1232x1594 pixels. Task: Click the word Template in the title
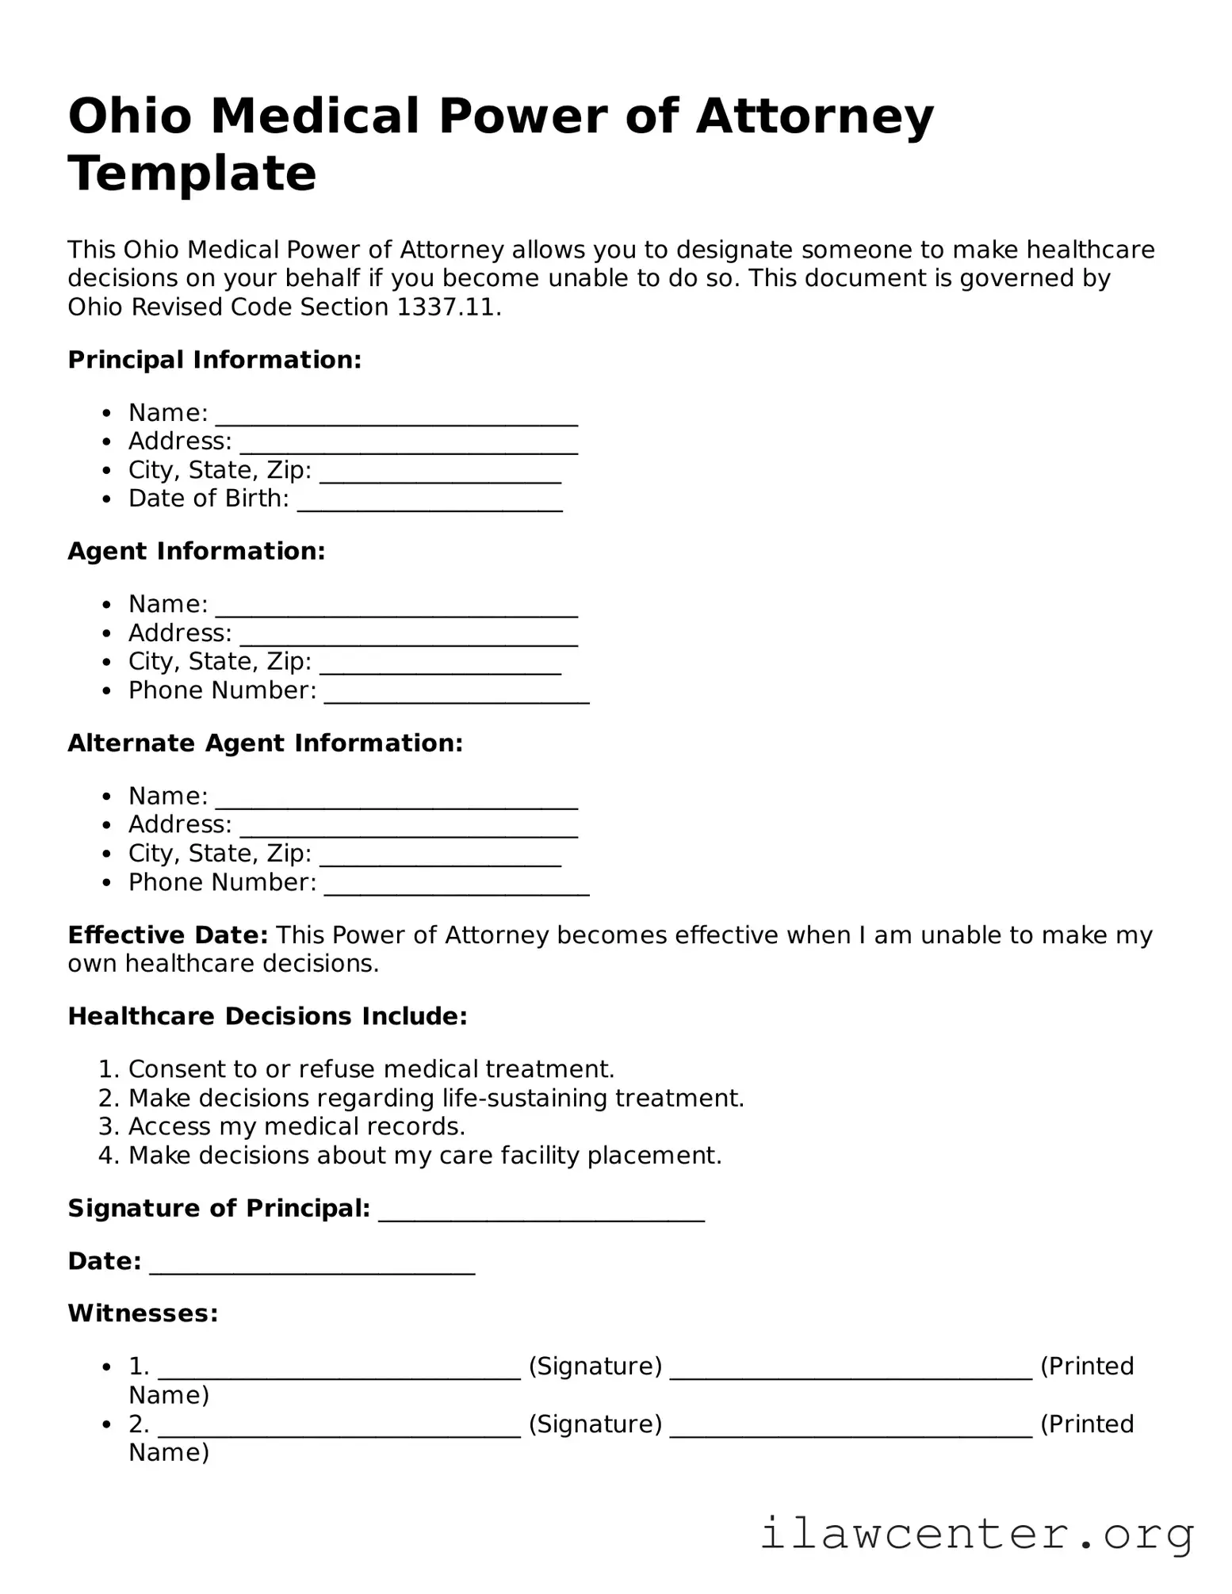[192, 174]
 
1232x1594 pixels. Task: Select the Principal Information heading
[214, 360]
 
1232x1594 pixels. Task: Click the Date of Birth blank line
[430, 506]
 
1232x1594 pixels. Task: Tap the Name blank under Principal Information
[396, 421]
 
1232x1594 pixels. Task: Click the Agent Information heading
[197, 552]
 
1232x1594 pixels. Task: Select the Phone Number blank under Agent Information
[457, 698]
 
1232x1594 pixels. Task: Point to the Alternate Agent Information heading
[265, 743]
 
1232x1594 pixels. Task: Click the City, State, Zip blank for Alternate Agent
[440, 862]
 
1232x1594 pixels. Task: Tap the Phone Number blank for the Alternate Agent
[457, 890]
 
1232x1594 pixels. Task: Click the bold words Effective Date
[168, 935]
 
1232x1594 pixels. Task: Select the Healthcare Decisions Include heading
[267, 1016]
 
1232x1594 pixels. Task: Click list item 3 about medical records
[297, 1126]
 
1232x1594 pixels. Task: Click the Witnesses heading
[143, 1313]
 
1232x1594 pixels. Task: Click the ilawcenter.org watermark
[977, 1534]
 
